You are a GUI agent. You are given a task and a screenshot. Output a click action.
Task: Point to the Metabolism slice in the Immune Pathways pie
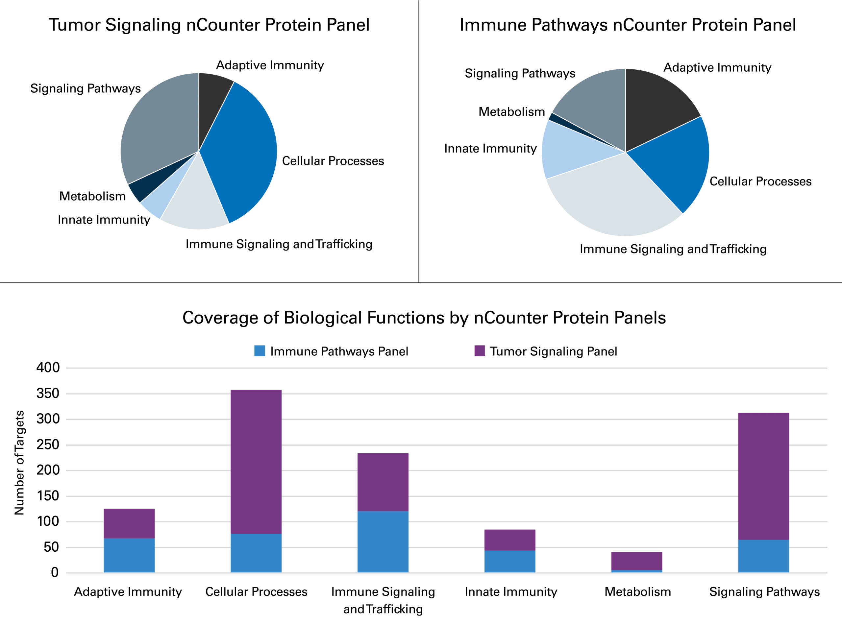coord(559,119)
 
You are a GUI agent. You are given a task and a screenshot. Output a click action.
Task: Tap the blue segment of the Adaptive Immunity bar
coord(129,555)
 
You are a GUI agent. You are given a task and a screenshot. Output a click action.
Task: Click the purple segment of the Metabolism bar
coord(636,561)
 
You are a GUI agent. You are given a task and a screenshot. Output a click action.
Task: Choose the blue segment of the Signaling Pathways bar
coord(763,556)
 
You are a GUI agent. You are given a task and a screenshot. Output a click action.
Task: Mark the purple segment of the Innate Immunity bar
coord(509,540)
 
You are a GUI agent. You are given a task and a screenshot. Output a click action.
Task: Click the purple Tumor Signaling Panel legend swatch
coord(480,350)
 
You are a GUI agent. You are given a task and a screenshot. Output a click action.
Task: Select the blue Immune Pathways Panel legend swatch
coord(260,350)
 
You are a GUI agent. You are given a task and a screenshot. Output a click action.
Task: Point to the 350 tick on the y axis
coord(48,394)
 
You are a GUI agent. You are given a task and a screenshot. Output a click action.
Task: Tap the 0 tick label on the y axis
coord(55,573)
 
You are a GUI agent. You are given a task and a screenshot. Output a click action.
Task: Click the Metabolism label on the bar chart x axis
coord(637,591)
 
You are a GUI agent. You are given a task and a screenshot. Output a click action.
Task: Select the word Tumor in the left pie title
coord(74,25)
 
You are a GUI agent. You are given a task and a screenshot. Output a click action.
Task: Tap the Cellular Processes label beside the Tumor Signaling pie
coord(333,161)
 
